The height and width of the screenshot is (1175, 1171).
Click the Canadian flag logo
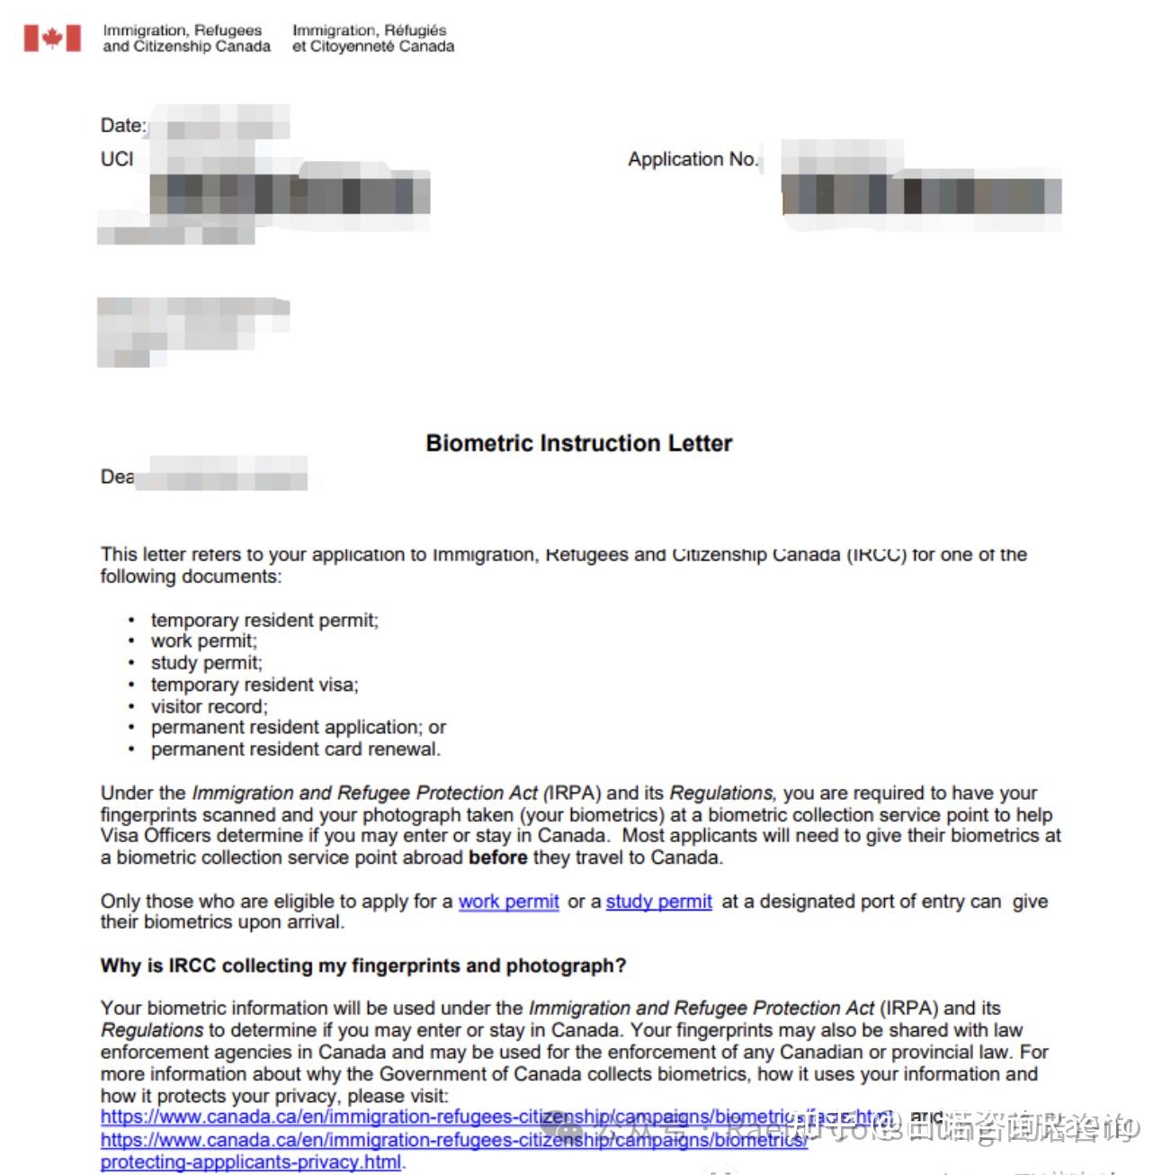[x=52, y=38]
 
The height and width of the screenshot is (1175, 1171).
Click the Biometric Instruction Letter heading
[x=578, y=443]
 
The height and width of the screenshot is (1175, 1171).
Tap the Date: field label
[x=122, y=125]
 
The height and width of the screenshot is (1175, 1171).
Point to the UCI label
[x=117, y=159]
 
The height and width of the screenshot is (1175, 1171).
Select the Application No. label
[x=693, y=159]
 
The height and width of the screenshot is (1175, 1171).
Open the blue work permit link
[x=508, y=901]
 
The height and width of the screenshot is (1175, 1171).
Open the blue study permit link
[x=658, y=901]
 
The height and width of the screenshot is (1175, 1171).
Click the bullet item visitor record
[x=209, y=706]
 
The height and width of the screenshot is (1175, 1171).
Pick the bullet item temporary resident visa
[x=254, y=685]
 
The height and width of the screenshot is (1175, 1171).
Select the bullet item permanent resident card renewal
[x=295, y=749]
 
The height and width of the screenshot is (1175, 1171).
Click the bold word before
[x=497, y=857]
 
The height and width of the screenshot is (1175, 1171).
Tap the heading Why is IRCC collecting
[x=362, y=965]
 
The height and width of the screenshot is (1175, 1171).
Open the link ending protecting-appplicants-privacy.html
[x=252, y=1162]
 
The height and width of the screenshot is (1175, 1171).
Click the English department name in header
[x=186, y=38]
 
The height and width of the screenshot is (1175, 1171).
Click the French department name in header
[x=372, y=38]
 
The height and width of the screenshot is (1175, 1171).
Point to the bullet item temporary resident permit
[x=264, y=620]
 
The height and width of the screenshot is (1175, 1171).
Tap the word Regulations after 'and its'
[x=720, y=793]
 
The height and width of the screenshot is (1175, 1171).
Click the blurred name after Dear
[x=225, y=474]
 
